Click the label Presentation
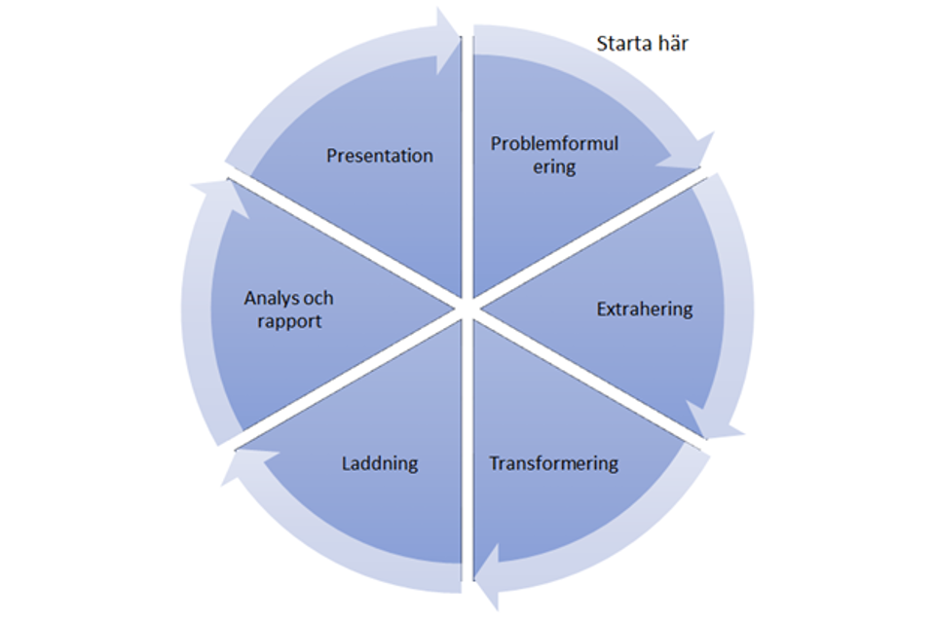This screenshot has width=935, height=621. coord(380,156)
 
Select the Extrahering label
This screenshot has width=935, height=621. coord(645,310)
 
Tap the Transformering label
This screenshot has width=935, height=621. coord(554,462)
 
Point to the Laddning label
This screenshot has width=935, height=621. coord(380,463)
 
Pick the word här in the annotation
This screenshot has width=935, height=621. coord(673,43)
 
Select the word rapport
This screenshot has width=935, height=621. coord(289,320)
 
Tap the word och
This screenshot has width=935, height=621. coord(318,299)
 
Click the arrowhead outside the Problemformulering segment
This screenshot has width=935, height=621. coord(688,156)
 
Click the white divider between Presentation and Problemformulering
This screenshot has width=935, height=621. coord(467,165)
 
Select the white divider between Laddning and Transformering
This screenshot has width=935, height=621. coord(467,457)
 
